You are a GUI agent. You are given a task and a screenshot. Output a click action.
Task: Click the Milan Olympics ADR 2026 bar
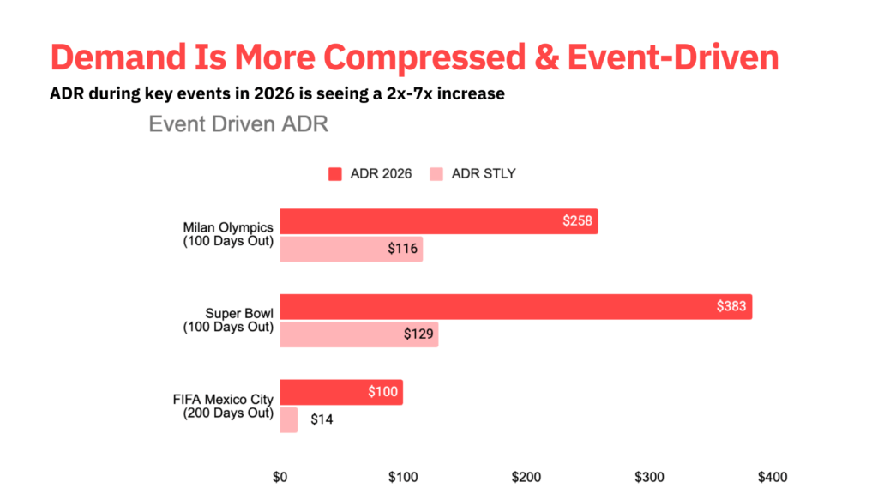coord(437,221)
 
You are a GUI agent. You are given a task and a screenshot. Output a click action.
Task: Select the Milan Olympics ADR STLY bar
coord(351,250)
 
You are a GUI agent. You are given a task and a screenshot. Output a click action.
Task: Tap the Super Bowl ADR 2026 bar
coord(514,306)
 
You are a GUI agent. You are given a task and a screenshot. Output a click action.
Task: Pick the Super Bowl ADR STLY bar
coord(358,334)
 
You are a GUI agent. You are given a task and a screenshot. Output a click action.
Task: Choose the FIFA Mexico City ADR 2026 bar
coord(340,392)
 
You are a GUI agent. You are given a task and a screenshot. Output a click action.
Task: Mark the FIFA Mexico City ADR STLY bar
coord(289,420)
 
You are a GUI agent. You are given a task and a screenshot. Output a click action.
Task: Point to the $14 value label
coord(322,420)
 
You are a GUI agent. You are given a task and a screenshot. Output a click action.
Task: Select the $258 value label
coord(577,221)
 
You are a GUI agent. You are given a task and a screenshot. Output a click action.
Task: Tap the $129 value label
coord(419,334)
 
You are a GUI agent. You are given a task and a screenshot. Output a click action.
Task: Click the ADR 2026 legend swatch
coord(335,174)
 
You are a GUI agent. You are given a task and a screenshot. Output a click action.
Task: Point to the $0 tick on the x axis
coord(280,476)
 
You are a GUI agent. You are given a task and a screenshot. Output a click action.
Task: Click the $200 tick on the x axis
coord(526,476)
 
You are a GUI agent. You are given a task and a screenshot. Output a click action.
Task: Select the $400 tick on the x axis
coord(772,476)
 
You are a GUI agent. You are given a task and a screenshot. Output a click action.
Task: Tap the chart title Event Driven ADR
coord(238,124)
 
